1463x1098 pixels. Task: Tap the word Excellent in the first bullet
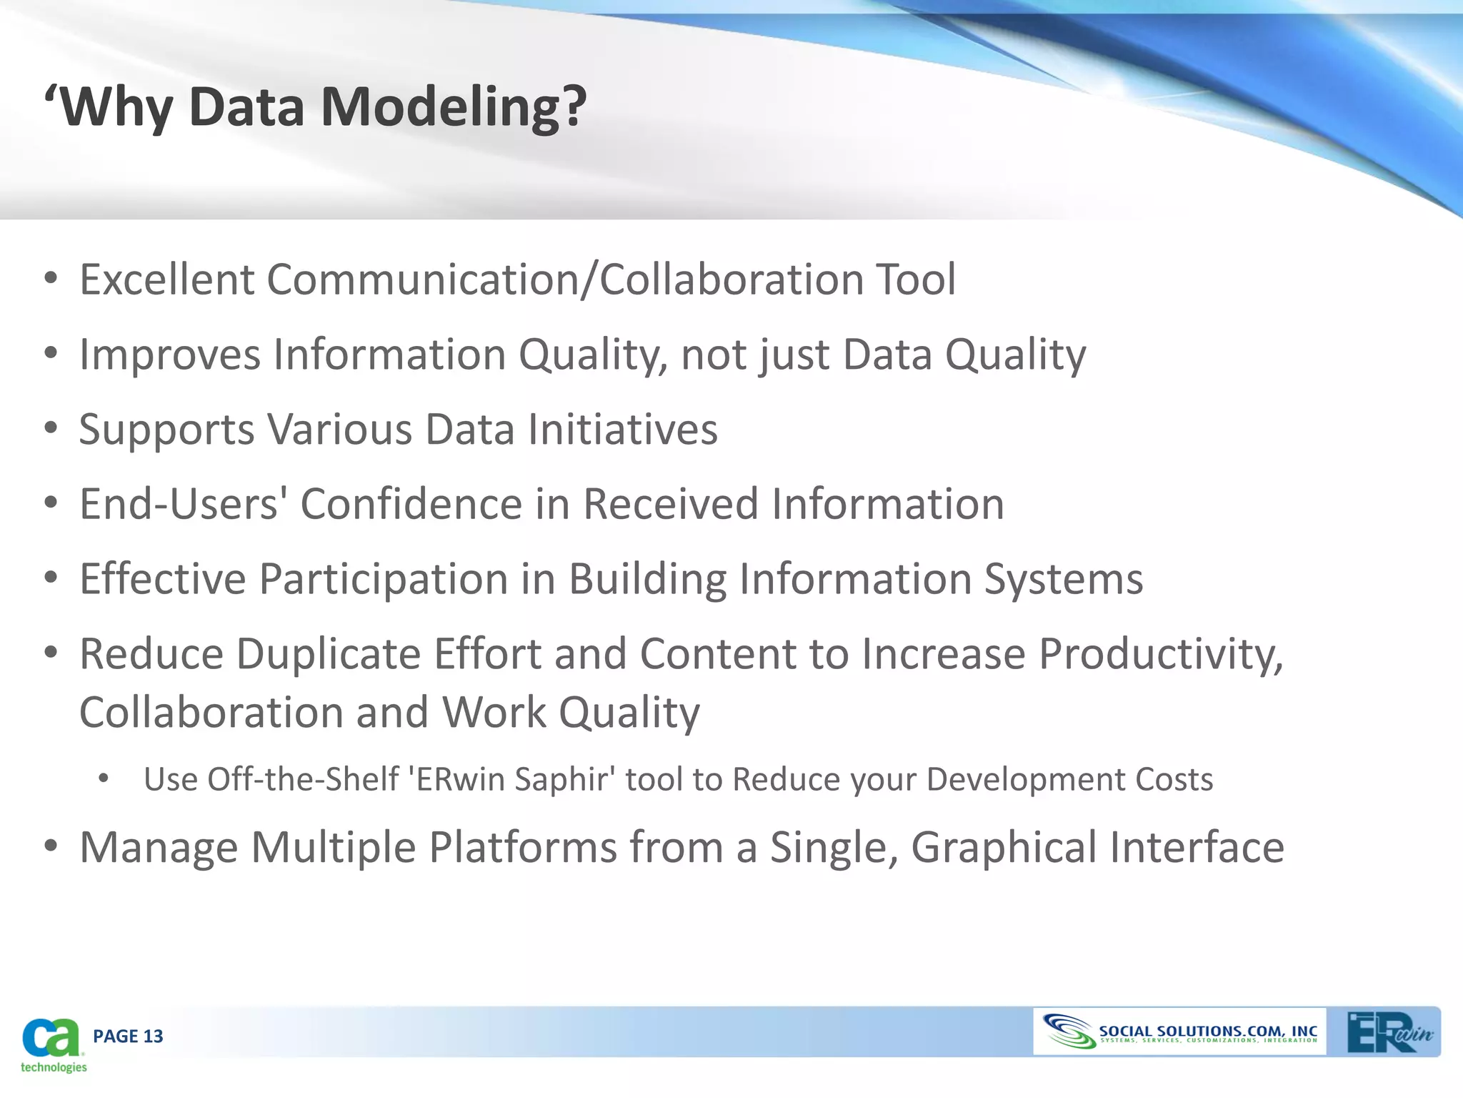point(166,280)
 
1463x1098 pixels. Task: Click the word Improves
point(169,355)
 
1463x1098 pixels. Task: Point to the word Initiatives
point(622,430)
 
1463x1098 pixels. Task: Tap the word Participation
point(383,579)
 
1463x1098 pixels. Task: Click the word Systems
point(1063,579)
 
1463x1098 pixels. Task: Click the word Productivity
point(1161,654)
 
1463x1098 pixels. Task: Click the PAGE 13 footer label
point(128,1036)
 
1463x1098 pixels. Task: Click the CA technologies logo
point(51,1044)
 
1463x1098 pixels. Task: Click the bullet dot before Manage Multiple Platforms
point(50,846)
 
